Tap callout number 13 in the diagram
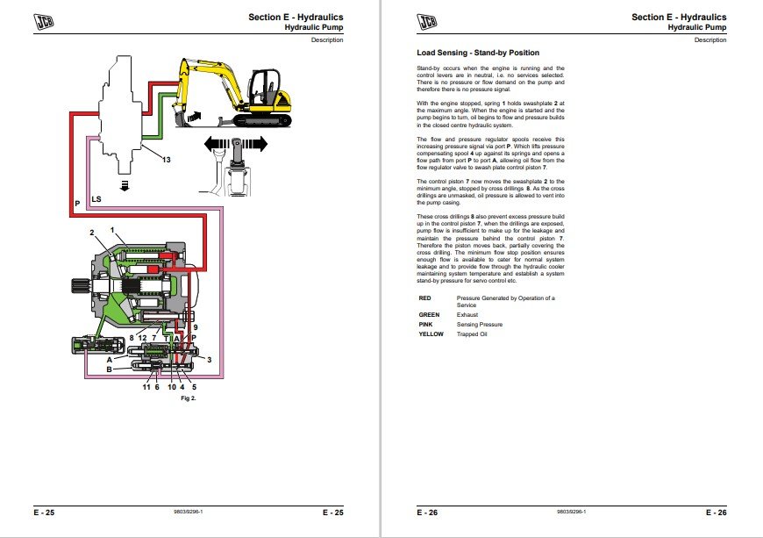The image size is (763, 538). [165, 159]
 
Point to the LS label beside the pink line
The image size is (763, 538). [96, 199]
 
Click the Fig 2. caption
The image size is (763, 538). [188, 398]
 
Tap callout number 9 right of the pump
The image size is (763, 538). [196, 327]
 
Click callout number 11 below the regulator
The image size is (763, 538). [147, 386]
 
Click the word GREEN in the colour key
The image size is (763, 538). [429, 314]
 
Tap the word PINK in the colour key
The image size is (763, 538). [425, 324]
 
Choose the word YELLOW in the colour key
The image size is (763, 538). [431, 334]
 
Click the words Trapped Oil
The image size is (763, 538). [470, 334]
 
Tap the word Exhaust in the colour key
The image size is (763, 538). [468, 314]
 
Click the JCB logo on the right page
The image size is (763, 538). [426, 22]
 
